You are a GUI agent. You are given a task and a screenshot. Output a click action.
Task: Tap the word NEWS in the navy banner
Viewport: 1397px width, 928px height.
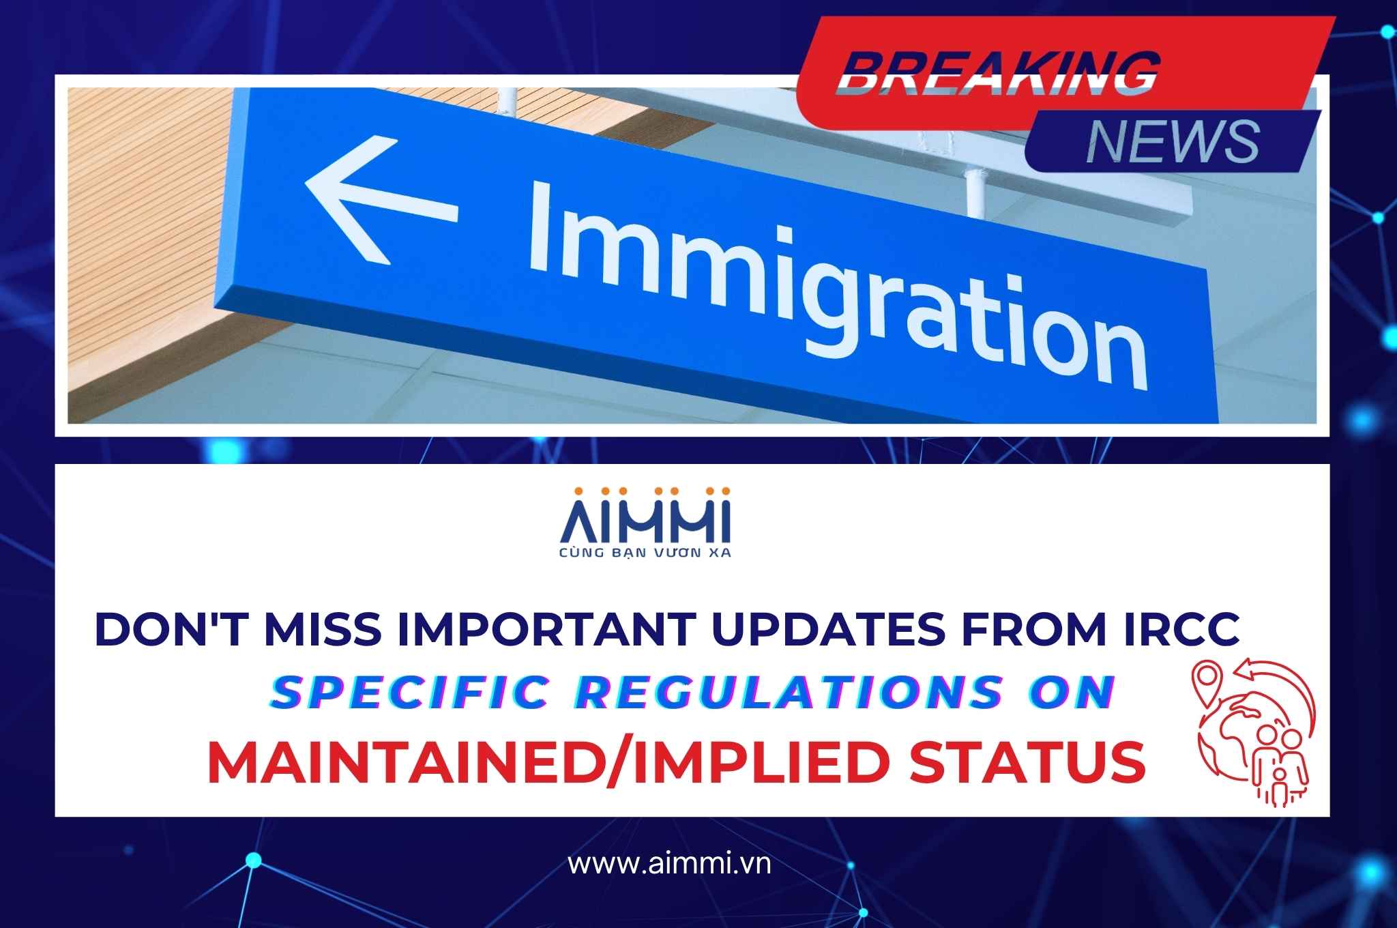click(1172, 143)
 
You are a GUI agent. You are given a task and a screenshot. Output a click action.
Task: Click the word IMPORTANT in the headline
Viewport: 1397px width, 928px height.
click(549, 628)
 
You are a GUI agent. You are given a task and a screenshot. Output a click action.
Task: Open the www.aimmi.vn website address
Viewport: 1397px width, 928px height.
click(670, 864)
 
